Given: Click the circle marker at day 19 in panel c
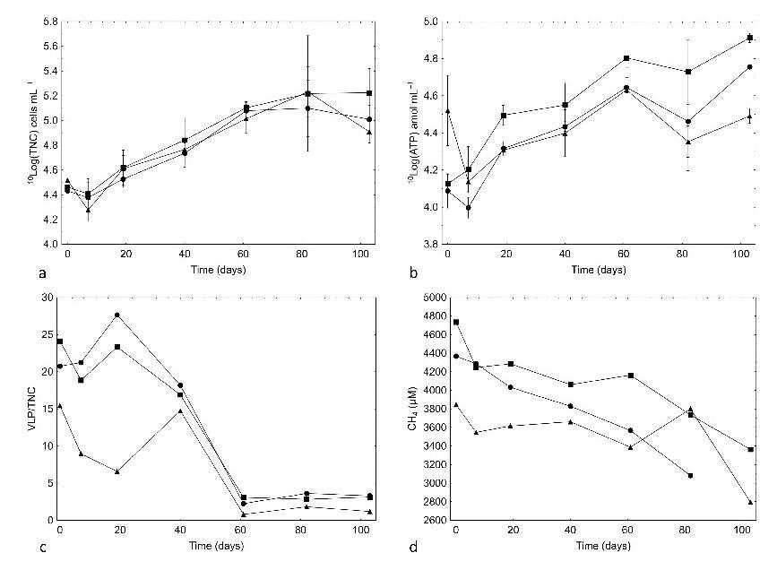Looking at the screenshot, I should tap(117, 315).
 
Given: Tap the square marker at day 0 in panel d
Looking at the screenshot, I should tap(456, 322).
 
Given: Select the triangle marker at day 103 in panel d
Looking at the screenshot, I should tap(749, 502).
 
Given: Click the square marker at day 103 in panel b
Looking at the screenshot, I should tap(749, 39).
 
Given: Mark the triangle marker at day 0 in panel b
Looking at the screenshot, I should tap(448, 111).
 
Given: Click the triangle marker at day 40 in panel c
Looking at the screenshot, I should tap(180, 410).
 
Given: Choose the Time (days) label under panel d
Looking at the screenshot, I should tap(599, 544).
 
